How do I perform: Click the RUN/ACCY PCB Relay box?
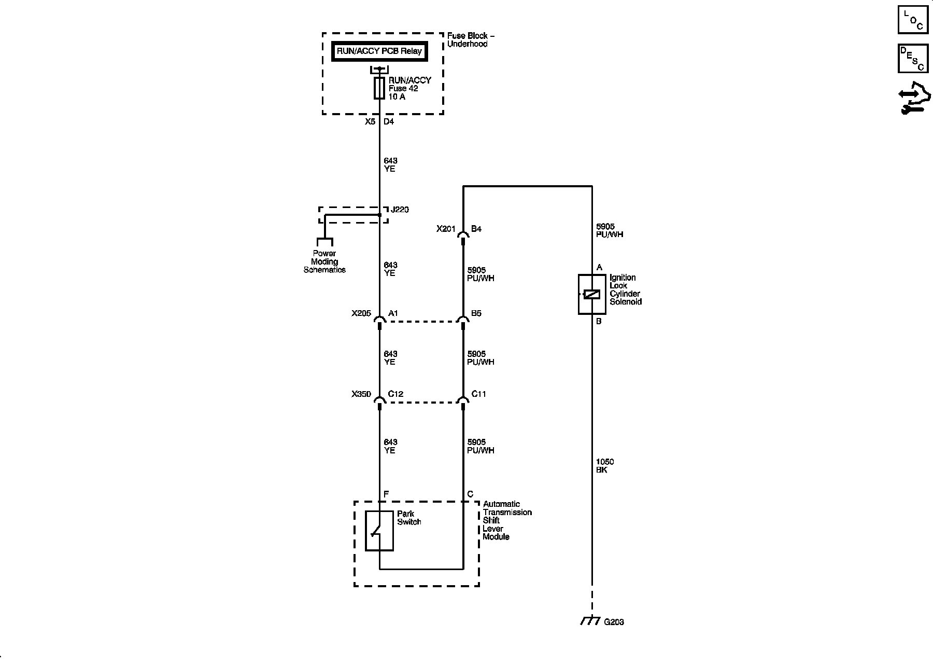point(379,51)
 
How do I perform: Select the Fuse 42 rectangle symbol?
point(379,88)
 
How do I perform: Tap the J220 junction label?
point(400,210)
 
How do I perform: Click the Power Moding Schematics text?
point(324,262)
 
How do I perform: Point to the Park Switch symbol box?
point(379,531)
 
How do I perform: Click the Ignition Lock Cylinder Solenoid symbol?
point(592,294)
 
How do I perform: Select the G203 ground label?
point(614,622)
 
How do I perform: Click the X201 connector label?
point(446,229)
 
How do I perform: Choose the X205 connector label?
point(361,313)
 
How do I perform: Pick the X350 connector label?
point(361,394)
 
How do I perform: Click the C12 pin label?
point(395,394)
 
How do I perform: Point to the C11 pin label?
point(478,394)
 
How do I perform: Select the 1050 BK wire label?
point(605,466)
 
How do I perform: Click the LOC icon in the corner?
point(913,20)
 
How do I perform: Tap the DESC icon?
point(913,58)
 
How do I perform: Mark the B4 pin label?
point(476,229)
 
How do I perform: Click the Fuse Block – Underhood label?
point(471,40)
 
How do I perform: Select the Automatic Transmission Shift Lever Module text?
point(507,520)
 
